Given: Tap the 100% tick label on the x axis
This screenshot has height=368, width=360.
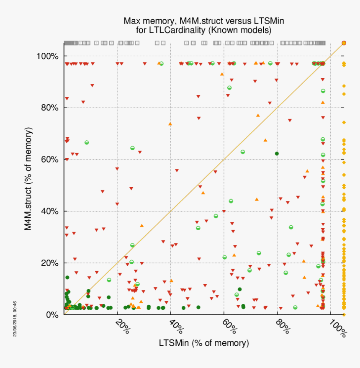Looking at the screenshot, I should pyautogui.click(x=337, y=328).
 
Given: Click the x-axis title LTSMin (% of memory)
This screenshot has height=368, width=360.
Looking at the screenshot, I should pyautogui.click(x=204, y=343).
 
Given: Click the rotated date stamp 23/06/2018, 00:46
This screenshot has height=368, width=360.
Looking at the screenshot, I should pyautogui.click(x=15, y=319).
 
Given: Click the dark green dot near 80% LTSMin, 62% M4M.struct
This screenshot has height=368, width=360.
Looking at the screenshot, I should pyautogui.click(x=277, y=154).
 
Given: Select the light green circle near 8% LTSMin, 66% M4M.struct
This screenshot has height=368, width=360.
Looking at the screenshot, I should pyautogui.click(x=87, y=143).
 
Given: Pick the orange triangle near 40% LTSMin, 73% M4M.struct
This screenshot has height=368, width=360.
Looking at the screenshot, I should pyautogui.click(x=170, y=124).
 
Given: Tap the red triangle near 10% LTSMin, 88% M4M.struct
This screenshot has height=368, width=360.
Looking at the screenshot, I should pyautogui.click(x=92, y=85).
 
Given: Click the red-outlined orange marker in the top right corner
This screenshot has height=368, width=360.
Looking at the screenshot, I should pyautogui.click(x=344, y=43).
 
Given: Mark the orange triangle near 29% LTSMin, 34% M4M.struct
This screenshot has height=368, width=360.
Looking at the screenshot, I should pyautogui.click(x=141, y=226).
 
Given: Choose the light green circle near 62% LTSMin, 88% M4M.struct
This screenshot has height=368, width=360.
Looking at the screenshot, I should pyautogui.click(x=229, y=87).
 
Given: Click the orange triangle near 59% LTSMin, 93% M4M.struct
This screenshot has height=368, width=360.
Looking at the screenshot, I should pyautogui.click(x=222, y=74).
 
